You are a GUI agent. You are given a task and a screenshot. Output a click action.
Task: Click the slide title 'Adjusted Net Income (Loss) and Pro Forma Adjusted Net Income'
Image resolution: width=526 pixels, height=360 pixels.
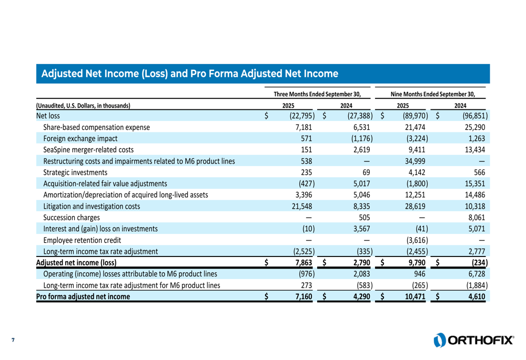(x=189, y=73)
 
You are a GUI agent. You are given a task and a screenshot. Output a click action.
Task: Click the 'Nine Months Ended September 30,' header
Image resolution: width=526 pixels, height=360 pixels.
(x=433, y=94)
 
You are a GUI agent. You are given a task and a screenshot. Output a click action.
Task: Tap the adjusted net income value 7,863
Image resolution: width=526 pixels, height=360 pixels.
(x=305, y=263)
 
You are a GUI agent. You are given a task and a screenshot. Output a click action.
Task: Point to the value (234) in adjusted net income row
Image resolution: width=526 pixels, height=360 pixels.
(x=477, y=263)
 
